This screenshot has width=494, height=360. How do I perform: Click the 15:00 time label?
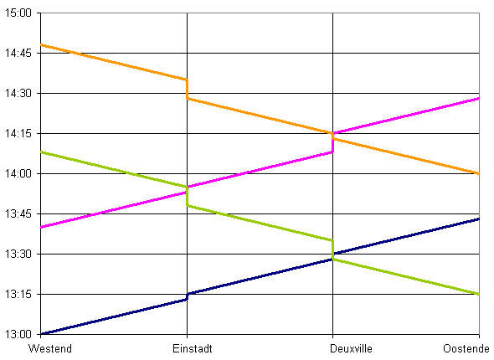pyautogui.click(x=18, y=13)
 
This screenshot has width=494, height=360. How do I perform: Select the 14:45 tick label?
pyautogui.click(x=18, y=53)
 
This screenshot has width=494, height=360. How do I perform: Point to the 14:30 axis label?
pyautogui.click(x=18, y=93)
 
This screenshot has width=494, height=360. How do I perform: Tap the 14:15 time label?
pyautogui.click(x=18, y=134)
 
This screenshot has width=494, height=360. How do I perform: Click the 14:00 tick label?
pyautogui.click(x=18, y=173)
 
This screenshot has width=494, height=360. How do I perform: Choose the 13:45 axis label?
pyautogui.click(x=18, y=213)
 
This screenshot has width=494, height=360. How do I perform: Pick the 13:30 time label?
pyautogui.click(x=18, y=254)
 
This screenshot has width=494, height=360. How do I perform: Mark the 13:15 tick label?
pyautogui.click(x=18, y=294)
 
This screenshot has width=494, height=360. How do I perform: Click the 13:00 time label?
pyautogui.click(x=18, y=334)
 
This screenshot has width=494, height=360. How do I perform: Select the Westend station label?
pyautogui.click(x=50, y=348)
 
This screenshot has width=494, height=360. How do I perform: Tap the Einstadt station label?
pyautogui.click(x=193, y=348)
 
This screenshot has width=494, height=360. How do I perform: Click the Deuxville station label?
pyautogui.click(x=351, y=348)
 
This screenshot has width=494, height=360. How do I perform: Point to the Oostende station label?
pyautogui.click(x=466, y=348)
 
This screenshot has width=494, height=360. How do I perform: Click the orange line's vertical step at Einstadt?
pyautogui.click(x=188, y=89)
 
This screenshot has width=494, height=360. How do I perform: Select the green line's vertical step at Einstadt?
pyautogui.click(x=188, y=196)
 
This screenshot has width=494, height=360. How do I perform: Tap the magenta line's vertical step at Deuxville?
pyautogui.click(x=332, y=142)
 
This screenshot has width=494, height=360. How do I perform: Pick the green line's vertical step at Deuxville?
pyautogui.click(x=332, y=249)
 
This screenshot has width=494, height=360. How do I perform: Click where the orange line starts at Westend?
pyautogui.click(x=41, y=45)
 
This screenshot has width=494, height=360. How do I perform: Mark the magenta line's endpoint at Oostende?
pyautogui.click(x=479, y=99)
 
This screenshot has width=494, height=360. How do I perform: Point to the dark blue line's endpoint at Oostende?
pyautogui.click(x=479, y=219)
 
